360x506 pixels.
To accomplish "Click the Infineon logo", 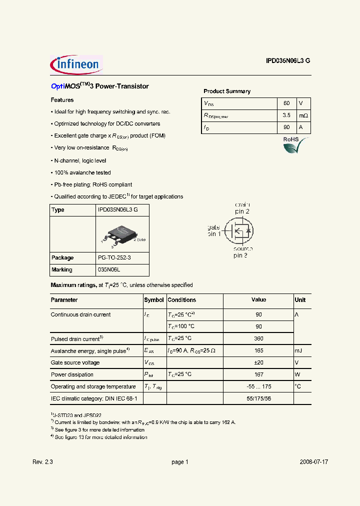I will pos(76,64).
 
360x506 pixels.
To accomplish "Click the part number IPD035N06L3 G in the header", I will pos(287,60).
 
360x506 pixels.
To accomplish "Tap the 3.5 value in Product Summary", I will pos(286,115).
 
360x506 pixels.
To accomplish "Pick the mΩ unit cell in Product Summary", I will pos(303,115).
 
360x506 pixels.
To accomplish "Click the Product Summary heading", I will pos(227,91).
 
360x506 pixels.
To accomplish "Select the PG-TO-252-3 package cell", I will pos(114,258).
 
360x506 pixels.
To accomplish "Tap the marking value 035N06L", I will pos(110,270).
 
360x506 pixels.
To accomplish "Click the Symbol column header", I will pos(154,300).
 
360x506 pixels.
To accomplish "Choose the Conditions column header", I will pos(182,300).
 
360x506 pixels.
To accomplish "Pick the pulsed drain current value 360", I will pos(258,339).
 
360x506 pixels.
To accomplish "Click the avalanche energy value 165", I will pos(258,351).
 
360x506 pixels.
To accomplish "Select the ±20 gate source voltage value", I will pos(258,363).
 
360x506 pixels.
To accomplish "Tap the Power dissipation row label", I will pos(72,374).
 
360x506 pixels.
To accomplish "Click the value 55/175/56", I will pos(258,398).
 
